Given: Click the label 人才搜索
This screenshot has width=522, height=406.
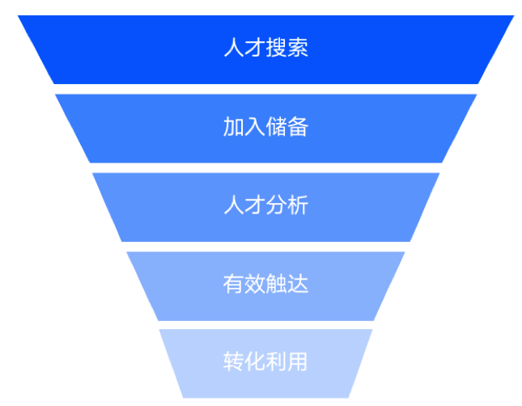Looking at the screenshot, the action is pos(266,48).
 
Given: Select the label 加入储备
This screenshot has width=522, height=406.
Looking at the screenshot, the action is pos(266,126).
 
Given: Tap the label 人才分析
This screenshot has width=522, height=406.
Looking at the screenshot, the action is pos(266,205).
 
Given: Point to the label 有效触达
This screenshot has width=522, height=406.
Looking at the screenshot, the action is pos(266,284).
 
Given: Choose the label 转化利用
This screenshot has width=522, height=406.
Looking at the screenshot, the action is pos(265,362).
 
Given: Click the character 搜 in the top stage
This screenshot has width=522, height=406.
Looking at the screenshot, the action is pos(276,48).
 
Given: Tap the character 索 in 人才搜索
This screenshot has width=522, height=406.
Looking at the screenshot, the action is pos(298,48).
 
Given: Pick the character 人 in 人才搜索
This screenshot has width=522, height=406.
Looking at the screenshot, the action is pos(234,48).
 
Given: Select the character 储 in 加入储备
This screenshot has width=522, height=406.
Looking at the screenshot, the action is pos(276,126).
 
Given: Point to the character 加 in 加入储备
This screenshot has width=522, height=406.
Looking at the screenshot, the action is pos(234,126).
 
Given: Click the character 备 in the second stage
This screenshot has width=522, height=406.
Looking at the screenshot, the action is pos(298,126).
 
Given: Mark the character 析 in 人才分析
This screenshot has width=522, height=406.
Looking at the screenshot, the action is pos(298,205).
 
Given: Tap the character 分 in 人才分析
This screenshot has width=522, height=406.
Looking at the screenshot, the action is pos(276,205).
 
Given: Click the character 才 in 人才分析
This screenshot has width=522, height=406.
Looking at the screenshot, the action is pos(256,205).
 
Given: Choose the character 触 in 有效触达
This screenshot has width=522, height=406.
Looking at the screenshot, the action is pos(276,284).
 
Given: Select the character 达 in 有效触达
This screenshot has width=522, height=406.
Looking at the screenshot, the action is pos(298,284).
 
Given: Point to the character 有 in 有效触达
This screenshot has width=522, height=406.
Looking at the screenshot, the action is pos(234,284).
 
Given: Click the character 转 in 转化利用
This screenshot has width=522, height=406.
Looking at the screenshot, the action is pos(234,362).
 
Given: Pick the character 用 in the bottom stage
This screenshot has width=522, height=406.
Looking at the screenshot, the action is pos(297,362).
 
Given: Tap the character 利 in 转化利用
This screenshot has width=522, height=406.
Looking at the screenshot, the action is pos(276,362).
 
